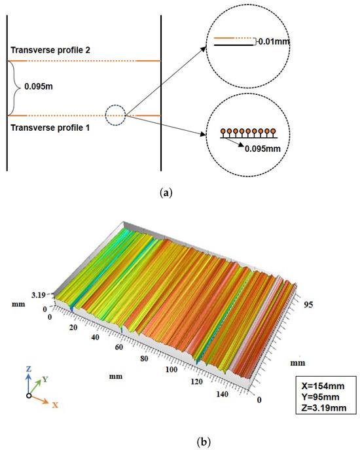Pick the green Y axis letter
pyautogui.click(x=46, y=379)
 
